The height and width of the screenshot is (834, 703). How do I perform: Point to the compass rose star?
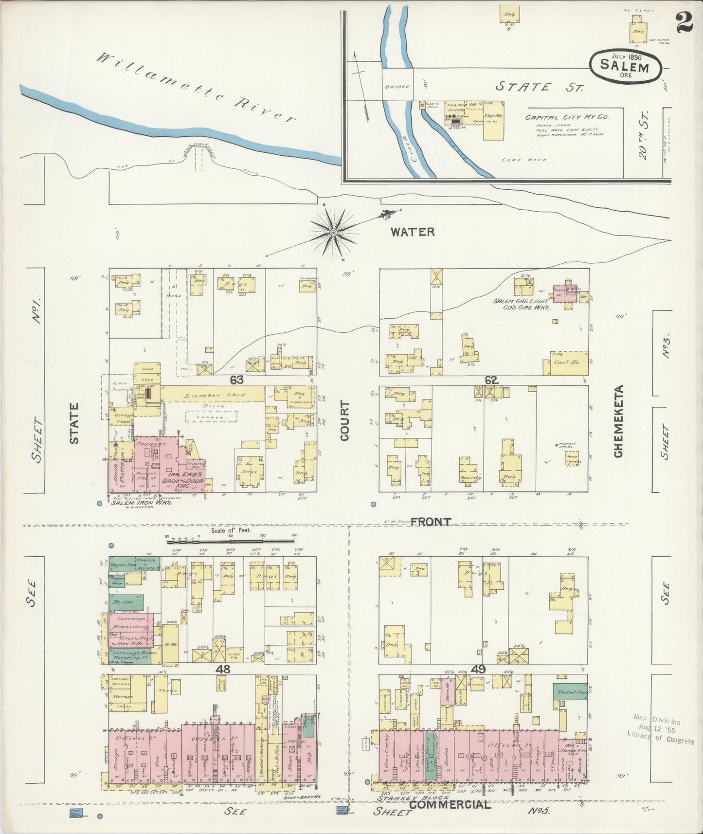(x=334, y=233)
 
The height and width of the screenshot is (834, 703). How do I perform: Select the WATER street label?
(x=413, y=232)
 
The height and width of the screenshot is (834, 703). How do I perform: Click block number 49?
(x=478, y=670)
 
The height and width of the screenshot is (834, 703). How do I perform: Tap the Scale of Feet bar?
(x=231, y=538)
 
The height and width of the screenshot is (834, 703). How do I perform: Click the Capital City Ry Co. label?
(x=567, y=117)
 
